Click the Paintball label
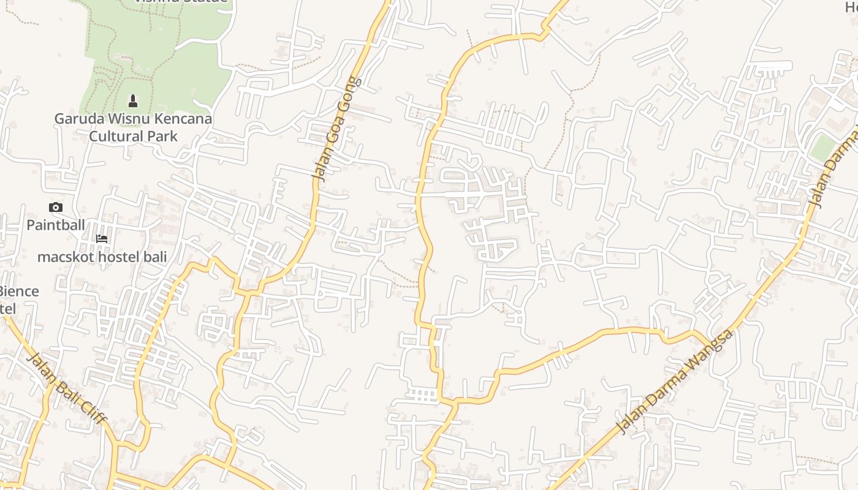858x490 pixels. [56, 225]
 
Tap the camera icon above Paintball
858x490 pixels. [56, 208]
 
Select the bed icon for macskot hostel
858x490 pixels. [102, 239]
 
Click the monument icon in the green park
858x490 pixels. [132, 100]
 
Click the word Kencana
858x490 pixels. [182, 118]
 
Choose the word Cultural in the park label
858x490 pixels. [116, 136]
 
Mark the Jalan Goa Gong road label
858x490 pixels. [336, 130]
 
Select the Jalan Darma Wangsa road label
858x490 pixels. [674, 382]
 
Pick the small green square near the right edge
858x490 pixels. [822, 148]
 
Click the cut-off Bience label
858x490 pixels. [18, 292]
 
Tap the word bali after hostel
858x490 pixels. [154, 257]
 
